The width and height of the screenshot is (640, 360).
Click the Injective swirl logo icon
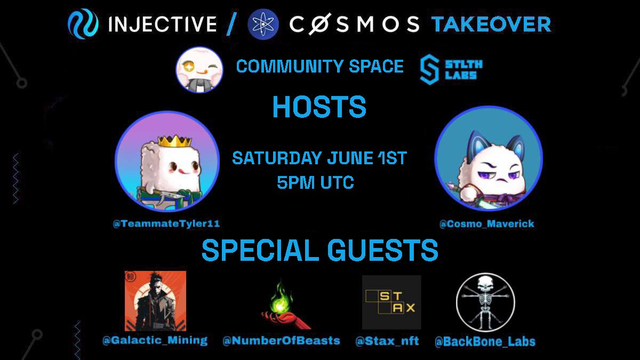(x=83, y=25)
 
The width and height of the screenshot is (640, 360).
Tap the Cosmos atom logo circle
(x=263, y=25)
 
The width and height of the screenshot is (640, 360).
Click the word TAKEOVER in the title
(x=491, y=25)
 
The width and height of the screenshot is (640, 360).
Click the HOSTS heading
(x=319, y=108)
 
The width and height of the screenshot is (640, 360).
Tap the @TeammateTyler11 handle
(x=166, y=224)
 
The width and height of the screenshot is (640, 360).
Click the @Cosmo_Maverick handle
(x=486, y=224)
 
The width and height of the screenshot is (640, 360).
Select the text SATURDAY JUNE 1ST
(x=319, y=158)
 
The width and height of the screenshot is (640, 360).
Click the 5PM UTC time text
(x=316, y=183)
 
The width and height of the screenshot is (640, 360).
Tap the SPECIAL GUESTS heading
(x=319, y=250)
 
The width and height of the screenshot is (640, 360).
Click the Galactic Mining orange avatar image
(x=155, y=301)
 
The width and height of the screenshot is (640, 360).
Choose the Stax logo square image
(x=391, y=302)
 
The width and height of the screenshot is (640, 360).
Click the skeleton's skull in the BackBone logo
(x=484, y=283)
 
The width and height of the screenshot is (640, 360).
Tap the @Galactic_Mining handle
(x=155, y=340)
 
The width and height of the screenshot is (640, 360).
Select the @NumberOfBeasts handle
(x=281, y=341)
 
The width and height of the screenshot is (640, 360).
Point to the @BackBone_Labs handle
(x=485, y=341)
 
